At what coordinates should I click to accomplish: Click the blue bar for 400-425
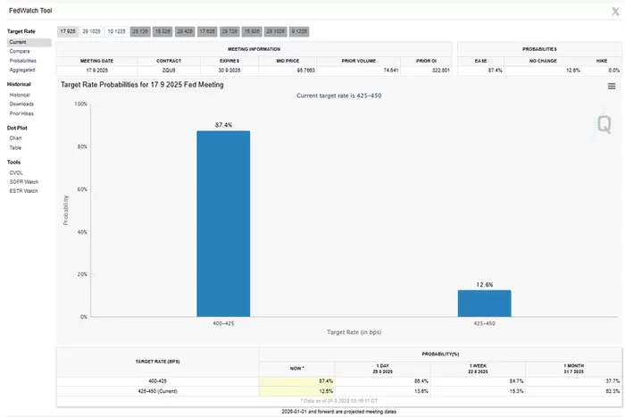tap(223, 223)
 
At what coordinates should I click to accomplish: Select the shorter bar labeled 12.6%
tap(484, 303)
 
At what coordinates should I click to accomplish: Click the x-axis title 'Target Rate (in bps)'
tap(354, 333)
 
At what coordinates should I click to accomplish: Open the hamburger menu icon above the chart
tap(612, 87)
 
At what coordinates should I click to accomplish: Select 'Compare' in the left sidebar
tap(21, 52)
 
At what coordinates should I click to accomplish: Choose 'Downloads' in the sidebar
tap(22, 104)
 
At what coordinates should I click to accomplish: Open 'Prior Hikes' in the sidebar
tap(23, 113)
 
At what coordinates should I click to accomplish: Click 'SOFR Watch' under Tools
tap(24, 182)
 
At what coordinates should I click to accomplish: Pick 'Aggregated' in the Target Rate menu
tap(24, 70)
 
